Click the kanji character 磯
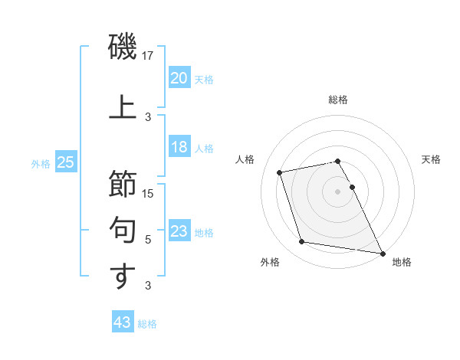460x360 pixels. pos(122,47)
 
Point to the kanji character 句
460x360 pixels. pos(122,231)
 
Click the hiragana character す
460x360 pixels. pos(122,277)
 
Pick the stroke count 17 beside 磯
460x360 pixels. pos(149,56)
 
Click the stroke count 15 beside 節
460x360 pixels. pos(149,194)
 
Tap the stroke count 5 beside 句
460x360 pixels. pos(149,240)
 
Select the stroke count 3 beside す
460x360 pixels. pos(149,286)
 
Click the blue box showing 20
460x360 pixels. pos(179,78)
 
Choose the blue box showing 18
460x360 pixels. pos(179,147)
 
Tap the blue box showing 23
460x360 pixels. pos(179,231)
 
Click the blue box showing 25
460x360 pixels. pos(65,162)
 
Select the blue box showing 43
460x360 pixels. pos(122,322)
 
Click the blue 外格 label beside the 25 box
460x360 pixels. pos(41,163)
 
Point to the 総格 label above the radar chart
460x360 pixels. pos(338,100)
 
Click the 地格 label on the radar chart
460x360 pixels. pos(402,262)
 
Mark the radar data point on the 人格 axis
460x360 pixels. pos(280,172)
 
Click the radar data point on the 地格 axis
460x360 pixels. pos(382,252)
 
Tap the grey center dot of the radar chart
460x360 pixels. pos(338,191)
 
